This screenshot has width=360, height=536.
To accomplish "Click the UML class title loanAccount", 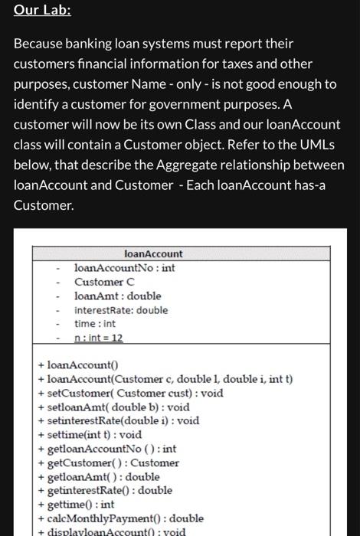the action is pos(153,253).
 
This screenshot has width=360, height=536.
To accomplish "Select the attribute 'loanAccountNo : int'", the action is pos(124,268).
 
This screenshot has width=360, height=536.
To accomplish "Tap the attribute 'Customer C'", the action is pos(104,282).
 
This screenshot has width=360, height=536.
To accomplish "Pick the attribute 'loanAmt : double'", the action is pos(118,296).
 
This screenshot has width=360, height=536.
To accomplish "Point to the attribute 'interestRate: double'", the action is pos(121,310).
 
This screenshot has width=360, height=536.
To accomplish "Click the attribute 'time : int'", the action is pos(94,324).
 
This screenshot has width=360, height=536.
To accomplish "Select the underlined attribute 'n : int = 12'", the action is pos(98,338).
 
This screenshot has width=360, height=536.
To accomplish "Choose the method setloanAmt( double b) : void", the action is pos(118,407).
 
